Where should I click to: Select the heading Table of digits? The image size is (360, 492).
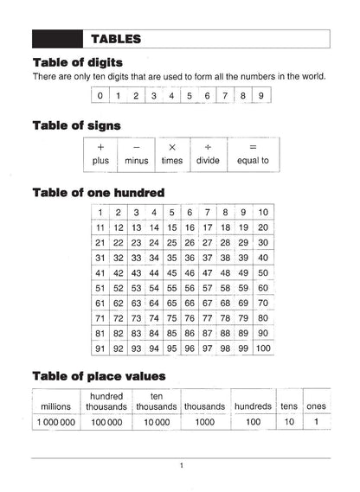(77, 62)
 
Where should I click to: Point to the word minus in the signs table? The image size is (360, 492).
(137, 161)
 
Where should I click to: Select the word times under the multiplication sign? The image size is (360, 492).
(172, 161)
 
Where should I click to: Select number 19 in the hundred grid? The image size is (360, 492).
(243, 227)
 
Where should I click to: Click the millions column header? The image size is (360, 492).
(55, 406)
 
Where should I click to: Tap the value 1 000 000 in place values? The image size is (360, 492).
(55, 423)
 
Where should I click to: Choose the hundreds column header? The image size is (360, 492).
(252, 406)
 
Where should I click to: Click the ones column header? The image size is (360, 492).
(318, 406)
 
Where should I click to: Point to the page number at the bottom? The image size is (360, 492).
(181, 466)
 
